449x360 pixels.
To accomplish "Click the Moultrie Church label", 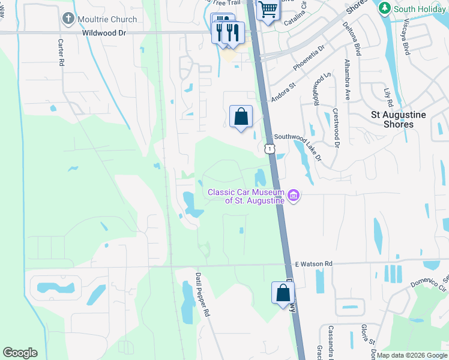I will point(107,19).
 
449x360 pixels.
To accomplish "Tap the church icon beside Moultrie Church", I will point(68,19).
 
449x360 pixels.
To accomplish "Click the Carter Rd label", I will point(61,53).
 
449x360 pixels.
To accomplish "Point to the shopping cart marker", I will point(268,9).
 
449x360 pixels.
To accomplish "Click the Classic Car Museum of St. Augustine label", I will point(246,196).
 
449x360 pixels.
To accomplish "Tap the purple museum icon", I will point(294,196).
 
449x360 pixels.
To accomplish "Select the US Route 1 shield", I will point(270,148).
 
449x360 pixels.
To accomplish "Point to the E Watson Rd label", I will point(314,264).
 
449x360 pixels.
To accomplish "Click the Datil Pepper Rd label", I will point(202,294).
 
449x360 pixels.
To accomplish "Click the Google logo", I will point(20,353).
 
